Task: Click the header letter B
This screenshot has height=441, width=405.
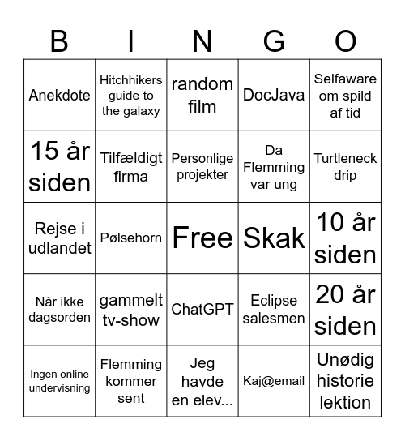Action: tap(59, 41)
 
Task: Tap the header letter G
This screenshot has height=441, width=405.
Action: tap(274, 41)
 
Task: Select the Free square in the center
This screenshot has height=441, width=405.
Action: tap(202, 238)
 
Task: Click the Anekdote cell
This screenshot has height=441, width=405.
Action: tap(60, 95)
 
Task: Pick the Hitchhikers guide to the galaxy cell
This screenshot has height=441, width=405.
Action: tap(131, 95)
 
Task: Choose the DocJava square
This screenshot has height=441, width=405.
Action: tap(274, 95)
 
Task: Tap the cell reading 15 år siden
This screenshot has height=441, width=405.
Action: tap(60, 166)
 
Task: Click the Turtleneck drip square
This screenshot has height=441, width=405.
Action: tap(345, 166)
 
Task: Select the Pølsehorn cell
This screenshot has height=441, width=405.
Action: tap(131, 238)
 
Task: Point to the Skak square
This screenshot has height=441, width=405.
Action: tap(274, 238)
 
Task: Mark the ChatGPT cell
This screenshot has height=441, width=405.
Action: tap(202, 309)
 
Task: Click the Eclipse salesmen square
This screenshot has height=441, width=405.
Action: tap(274, 309)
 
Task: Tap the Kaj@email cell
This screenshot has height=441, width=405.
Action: tap(274, 380)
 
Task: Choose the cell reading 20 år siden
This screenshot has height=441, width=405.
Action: tap(345, 309)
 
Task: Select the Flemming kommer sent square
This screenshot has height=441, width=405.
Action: tap(131, 380)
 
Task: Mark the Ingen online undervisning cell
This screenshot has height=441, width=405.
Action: tap(60, 380)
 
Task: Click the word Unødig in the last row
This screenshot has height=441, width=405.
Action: tap(345, 359)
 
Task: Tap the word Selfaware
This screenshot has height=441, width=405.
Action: tap(345, 79)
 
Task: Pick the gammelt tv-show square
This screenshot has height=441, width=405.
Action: tap(131, 309)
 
